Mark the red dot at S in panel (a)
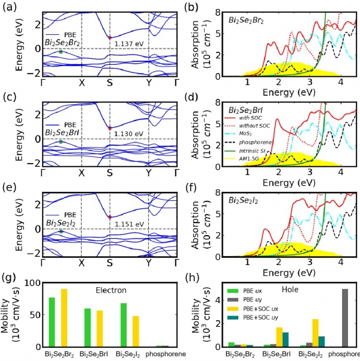[x=110, y=38]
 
